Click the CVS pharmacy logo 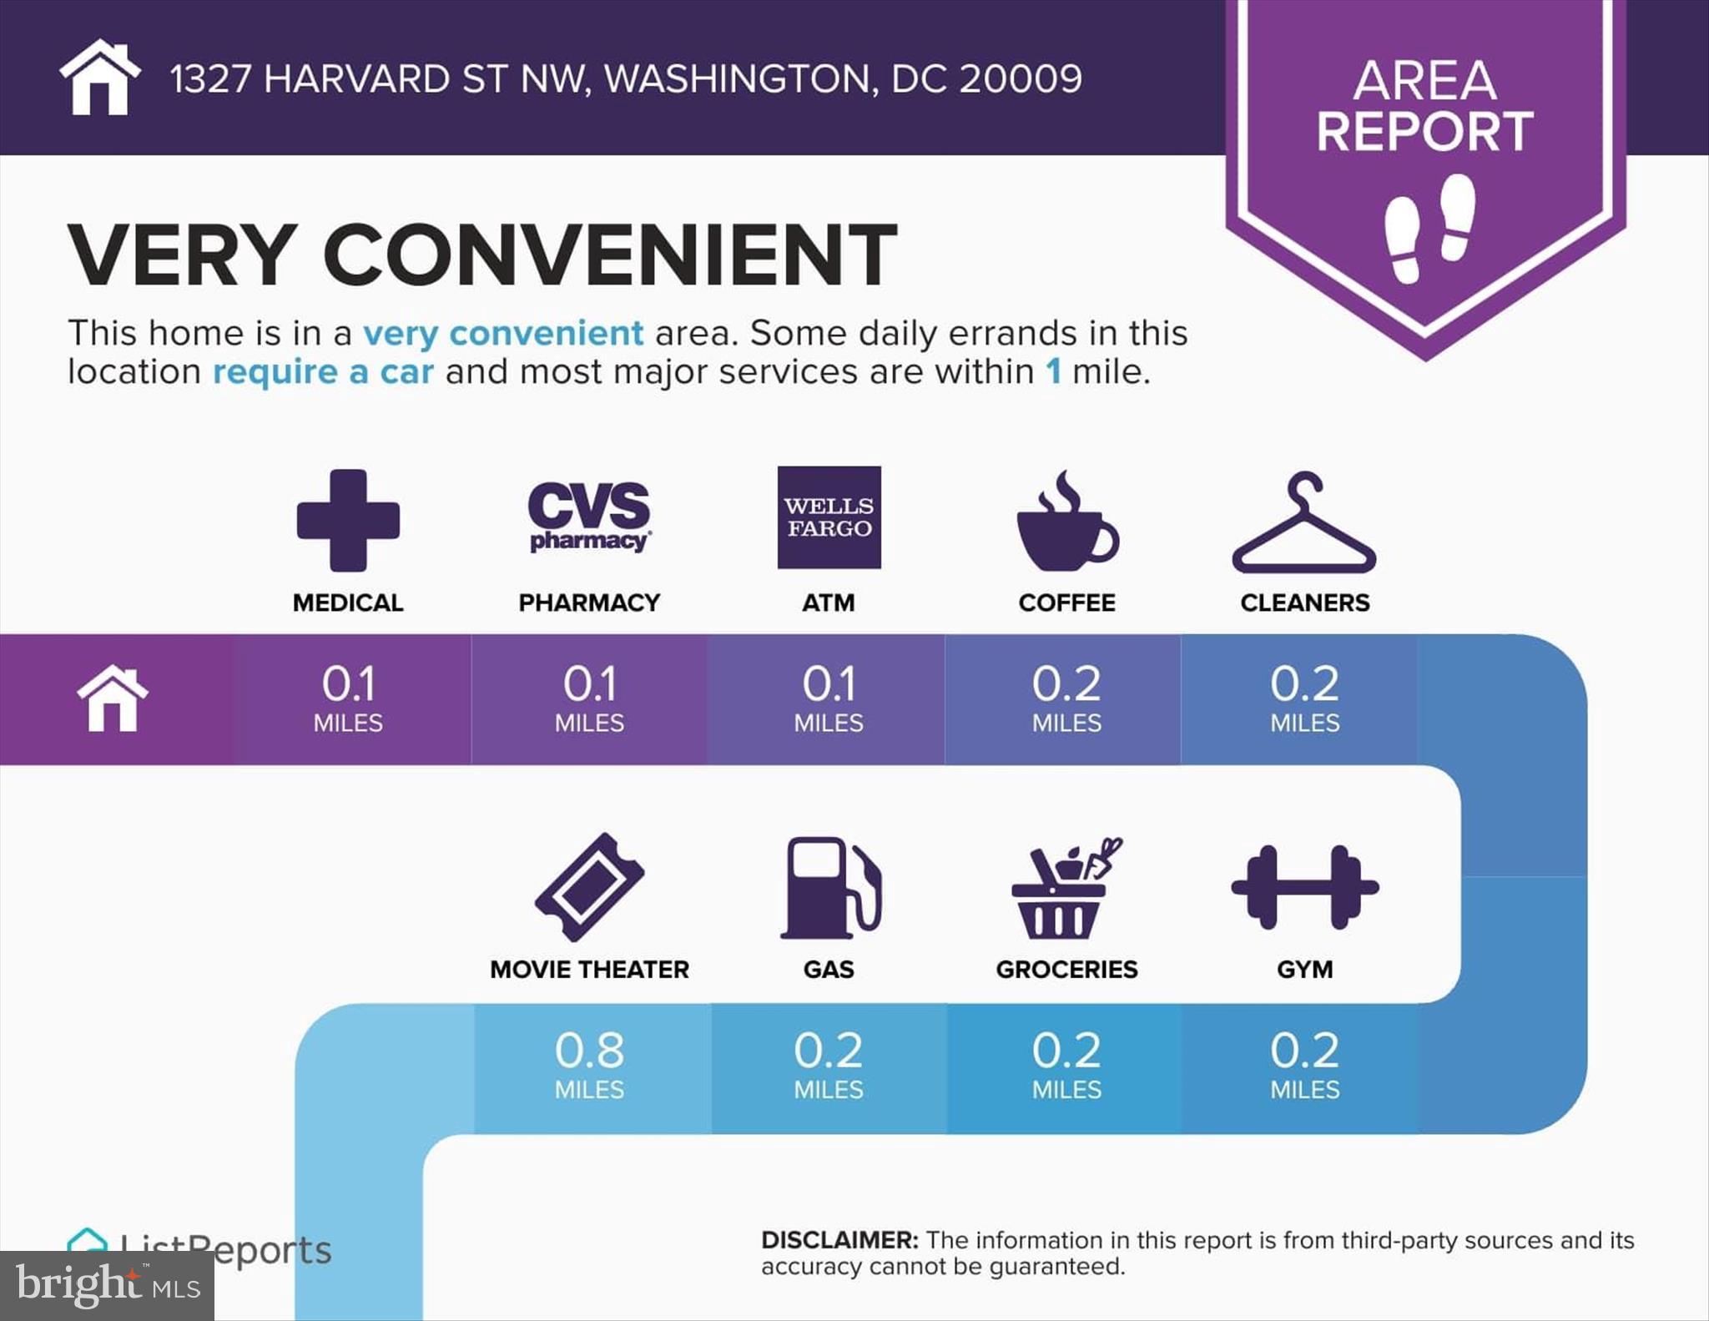coord(589,517)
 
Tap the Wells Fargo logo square coord(829,517)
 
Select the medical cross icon coord(348,520)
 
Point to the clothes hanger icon coord(1304,524)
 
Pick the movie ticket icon coord(589,887)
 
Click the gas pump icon coord(830,887)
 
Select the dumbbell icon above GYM coord(1304,887)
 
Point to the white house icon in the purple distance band coord(113,699)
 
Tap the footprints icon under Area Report coord(1429,227)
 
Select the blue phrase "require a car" coord(323,372)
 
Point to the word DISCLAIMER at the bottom coord(839,1240)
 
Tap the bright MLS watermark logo coord(107,1285)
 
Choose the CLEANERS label coord(1304,603)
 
